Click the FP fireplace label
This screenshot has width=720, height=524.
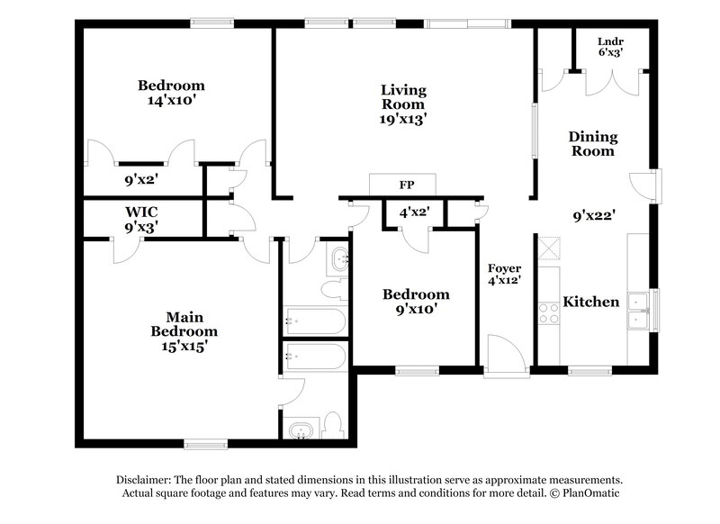406,185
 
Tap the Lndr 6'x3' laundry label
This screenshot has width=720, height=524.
610,47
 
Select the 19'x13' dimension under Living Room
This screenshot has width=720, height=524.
403,118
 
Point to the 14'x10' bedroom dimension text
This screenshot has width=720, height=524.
171,101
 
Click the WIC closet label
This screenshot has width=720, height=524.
141,213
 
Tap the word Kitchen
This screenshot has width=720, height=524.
590,302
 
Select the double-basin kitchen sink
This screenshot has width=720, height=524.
641,312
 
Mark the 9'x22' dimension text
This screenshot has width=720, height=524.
594,216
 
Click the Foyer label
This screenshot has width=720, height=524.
505,268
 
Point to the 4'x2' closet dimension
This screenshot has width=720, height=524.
414,212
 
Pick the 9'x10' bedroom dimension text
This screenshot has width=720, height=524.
415,310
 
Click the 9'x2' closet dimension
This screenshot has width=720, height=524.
142,179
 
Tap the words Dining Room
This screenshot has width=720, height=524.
593,144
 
